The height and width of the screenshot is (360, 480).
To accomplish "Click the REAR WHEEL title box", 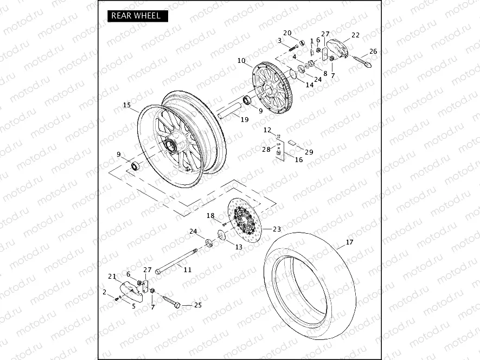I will pyautogui.click(x=136, y=16).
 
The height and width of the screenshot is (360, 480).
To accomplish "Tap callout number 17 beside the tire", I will pyautogui.click(x=349, y=242).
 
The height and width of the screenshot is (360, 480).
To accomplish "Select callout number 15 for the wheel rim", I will pyautogui.click(x=127, y=105).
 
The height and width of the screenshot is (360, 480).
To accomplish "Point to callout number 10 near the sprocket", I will pyautogui.click(x=241, y=61).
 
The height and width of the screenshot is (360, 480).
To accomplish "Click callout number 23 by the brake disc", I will pyautogui.click(x=277, y=229).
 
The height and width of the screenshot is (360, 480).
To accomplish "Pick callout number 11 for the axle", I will pyautogui.click(x=187, y=269).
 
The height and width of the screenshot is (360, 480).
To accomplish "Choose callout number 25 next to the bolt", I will pyautogui.click(x=197, y=305).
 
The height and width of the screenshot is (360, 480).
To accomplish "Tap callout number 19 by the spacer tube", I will pyautogui.click(x=245, y=119).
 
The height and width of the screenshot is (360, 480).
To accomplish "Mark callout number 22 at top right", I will pyautogui.click(x=355, y=35).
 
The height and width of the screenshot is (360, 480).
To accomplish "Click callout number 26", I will pyautogui.click(x=373, y=52).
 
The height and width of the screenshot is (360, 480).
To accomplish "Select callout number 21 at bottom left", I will pyautogui.click(x=112, y=277).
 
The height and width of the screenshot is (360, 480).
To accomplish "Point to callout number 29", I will pyautogui.click(x=309, y=152).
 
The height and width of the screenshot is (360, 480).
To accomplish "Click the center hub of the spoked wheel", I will pyautogui.click(x=172, y=145).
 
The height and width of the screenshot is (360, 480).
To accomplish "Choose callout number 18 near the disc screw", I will pyautogui.click(x=210, y=216).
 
